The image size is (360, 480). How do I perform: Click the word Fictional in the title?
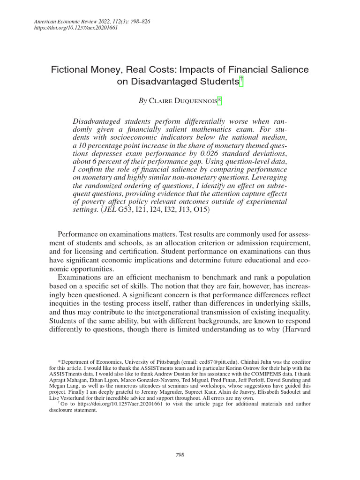point(71,70)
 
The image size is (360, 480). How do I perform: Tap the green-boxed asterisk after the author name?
point(218,100)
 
